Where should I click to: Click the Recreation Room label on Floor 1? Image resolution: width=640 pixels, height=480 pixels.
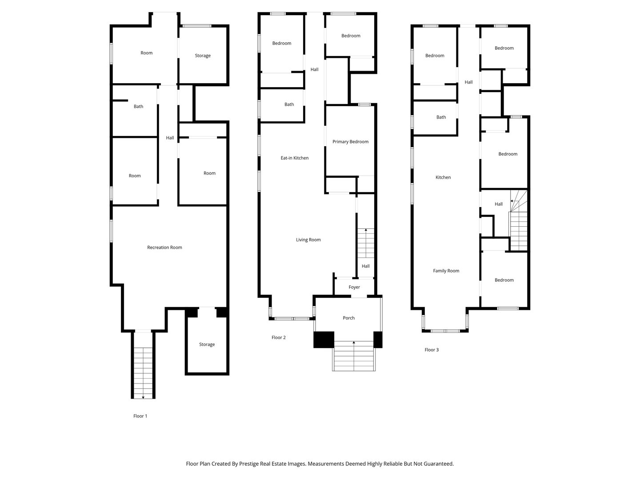pyautogui.click(x=164, y=248)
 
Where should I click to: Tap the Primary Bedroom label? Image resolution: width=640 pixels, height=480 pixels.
pyautogui.click(x=350, y=142)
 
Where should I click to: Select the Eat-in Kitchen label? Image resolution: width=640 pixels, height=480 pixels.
pyautogui.click(x=294, y=158)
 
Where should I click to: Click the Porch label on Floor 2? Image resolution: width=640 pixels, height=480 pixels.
pyautogui.click(x=348, y=318)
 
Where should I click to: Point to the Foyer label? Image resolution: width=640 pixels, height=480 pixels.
pyautogui.click(x=354, y=288)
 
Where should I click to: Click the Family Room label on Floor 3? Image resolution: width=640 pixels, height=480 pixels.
pyautogui.click(x=446, y=271)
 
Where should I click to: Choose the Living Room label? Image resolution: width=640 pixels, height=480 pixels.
pyautogui.click(x=308, y=240)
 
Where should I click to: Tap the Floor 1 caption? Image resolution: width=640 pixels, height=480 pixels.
pyautogui.click(x=140, y=416)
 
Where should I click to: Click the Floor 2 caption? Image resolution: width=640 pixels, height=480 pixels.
pyautogui.click(x=279, y=338)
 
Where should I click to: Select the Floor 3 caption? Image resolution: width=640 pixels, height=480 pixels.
pyautogui.click(x=432, y=350)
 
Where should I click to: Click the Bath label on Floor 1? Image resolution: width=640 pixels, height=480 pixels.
pyautogui.click(x=138, y=107)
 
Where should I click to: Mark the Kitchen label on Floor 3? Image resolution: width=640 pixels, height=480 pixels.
pyautogui.click(x=443, y=178)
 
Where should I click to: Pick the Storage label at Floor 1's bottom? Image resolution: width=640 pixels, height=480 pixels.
pyautogui.click(x=207, y=345)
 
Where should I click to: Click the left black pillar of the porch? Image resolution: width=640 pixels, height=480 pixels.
pyautogui.click(x=324, y=340)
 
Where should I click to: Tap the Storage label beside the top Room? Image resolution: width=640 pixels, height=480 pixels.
pyautogui.click(x=203, y=56)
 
